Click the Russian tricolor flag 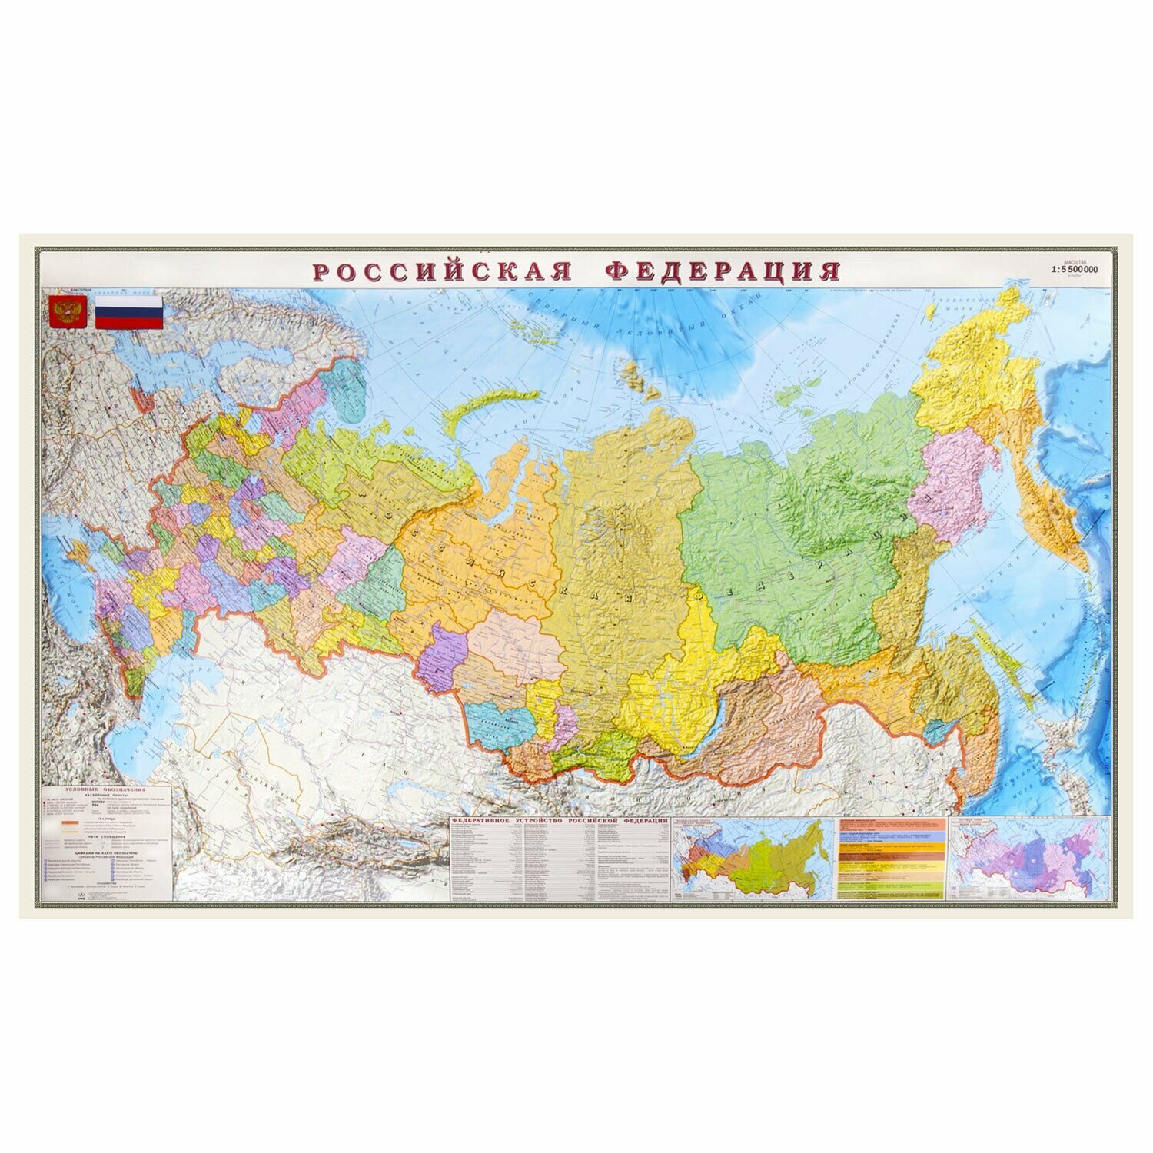coord(128,312)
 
